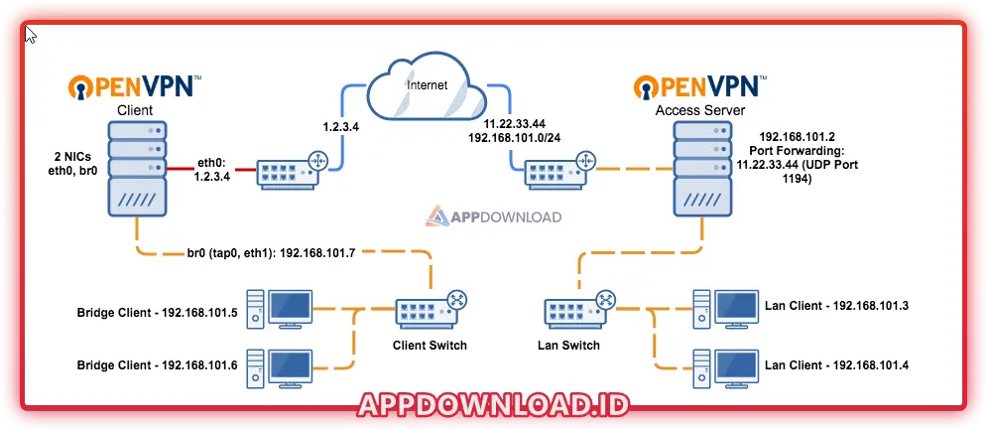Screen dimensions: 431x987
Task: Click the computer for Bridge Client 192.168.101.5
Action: pos(283,309)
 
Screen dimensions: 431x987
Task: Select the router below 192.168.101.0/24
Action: pos(559,171)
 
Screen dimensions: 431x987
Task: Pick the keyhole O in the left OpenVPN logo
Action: pos(82,87)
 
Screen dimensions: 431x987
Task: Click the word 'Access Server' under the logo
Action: pos(700,109)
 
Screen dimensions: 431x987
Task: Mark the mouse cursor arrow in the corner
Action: pos(31,35)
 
